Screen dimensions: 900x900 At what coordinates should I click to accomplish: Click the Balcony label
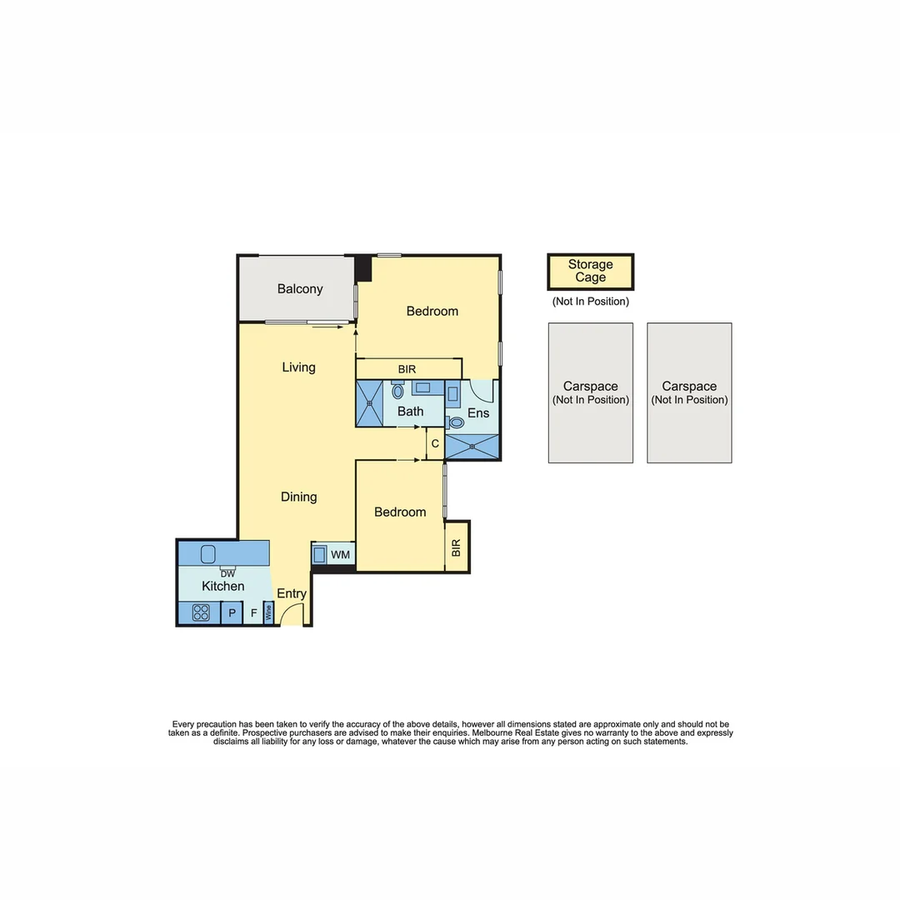(x=299, y=289)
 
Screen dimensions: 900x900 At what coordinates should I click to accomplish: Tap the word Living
(x=298, y=367)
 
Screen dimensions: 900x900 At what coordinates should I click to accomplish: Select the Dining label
(x=298, y=497)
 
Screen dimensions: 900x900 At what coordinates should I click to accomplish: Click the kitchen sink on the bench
(x=208, y=553)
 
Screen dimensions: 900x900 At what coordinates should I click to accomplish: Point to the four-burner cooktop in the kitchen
(x=201, y=612)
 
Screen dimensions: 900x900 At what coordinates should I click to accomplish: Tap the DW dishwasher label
(x=227, y=573)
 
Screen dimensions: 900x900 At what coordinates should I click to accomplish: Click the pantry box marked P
(x=232, y=613)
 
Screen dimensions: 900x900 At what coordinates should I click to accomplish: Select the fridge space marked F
(x=253, y=613)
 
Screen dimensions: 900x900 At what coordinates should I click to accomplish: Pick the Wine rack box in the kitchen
(x=268, y=613)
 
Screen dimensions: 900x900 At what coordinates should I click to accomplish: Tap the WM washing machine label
(x=340, y=554)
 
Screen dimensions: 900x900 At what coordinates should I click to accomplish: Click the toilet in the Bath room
(x=397, y=390)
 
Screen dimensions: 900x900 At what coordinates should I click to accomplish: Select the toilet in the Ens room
(x=456, y=423)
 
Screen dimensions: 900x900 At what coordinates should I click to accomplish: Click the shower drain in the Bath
(x=370, y=404)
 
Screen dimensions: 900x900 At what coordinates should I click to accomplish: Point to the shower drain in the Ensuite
(x=472, y=447)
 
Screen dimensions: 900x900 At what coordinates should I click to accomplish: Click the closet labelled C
(x=434, y=444)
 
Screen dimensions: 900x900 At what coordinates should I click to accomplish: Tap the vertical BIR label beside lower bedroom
(x=456, y=547)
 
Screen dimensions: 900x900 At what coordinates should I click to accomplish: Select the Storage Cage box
(x=590, y=272)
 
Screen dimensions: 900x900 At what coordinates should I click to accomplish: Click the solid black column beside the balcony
(x=363, y=268)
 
